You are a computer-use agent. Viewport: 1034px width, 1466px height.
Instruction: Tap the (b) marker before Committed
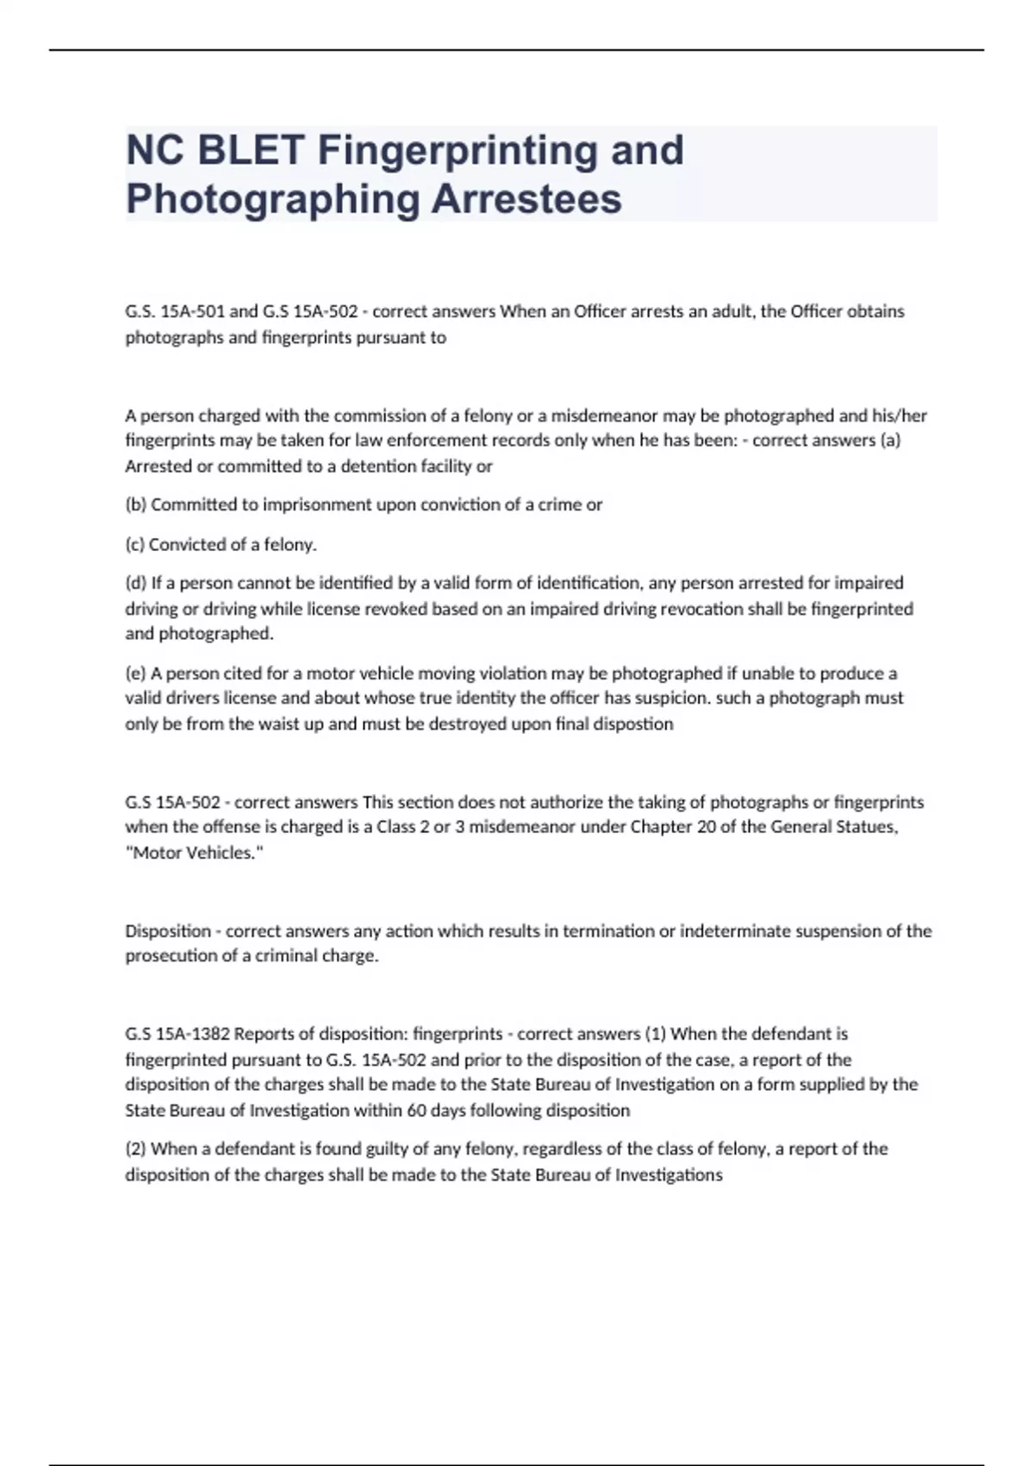136,505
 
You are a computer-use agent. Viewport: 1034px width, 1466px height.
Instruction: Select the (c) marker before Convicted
135,545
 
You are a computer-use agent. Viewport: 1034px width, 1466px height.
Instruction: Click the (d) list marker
136,583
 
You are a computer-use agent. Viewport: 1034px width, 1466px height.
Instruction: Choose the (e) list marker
136,673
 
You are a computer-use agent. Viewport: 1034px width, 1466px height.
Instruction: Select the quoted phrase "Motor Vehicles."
194,853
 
